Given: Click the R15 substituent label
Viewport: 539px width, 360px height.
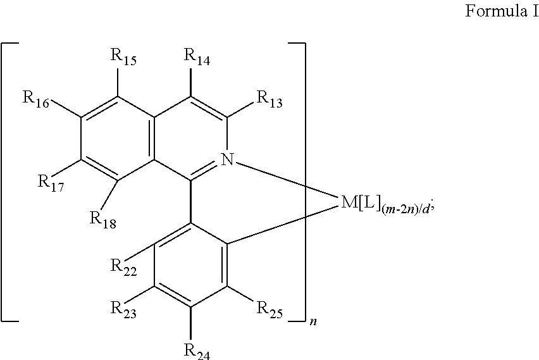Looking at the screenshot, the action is tap(123, 56).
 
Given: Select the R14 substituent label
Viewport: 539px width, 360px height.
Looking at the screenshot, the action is tap(197, 56).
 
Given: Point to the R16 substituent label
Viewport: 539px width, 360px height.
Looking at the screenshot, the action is tap(36, 99).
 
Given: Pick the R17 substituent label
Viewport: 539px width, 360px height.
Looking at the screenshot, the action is tap(51, 183).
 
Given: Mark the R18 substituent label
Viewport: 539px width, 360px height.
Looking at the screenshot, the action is tap(102, 220).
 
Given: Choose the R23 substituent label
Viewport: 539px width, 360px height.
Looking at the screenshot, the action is tap(123, 309).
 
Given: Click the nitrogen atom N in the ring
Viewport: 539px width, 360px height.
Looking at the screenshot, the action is tap(227, 159).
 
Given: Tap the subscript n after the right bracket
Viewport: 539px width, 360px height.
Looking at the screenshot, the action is tap(313, 322).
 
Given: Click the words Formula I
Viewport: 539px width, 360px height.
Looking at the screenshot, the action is tap(502, 11).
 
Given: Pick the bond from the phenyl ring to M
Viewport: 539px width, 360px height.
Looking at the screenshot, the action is tap(283, 226).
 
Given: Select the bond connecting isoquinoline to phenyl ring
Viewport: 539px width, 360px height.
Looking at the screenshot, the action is tap(191, 202).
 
